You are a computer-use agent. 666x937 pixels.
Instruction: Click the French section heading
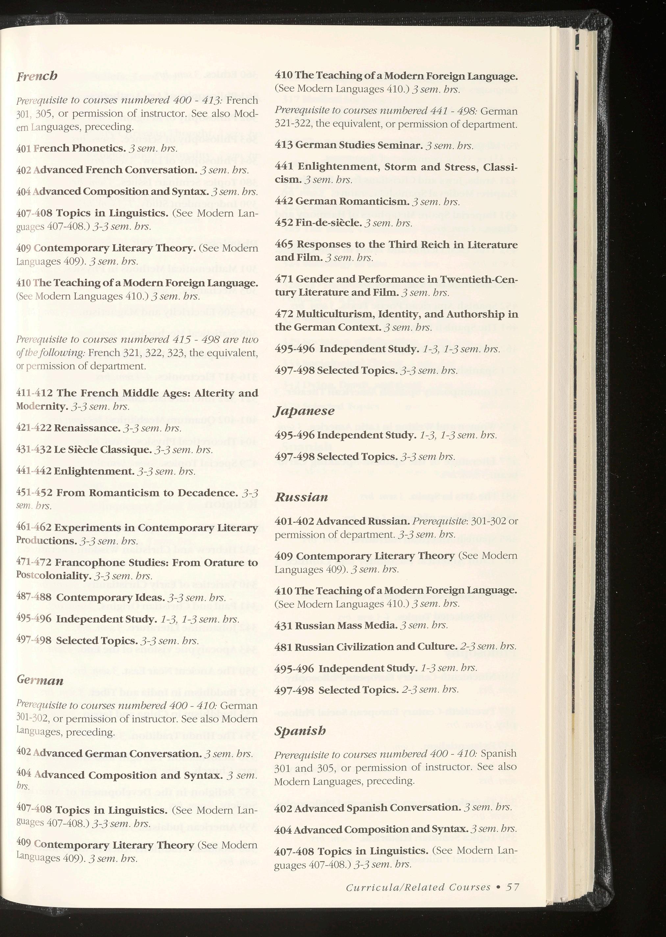point(37,76)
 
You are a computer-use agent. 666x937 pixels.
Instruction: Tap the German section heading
point(40,681)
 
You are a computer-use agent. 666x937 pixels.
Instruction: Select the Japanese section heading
point(304,411)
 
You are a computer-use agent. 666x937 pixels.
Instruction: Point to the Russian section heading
point(301,497)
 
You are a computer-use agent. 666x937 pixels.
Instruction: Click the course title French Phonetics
point(80,148)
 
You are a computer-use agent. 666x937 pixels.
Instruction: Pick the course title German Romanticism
point(352,201)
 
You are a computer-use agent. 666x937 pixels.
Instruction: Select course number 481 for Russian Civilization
point(284,647)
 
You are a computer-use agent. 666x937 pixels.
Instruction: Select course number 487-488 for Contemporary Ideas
point(34,597)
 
